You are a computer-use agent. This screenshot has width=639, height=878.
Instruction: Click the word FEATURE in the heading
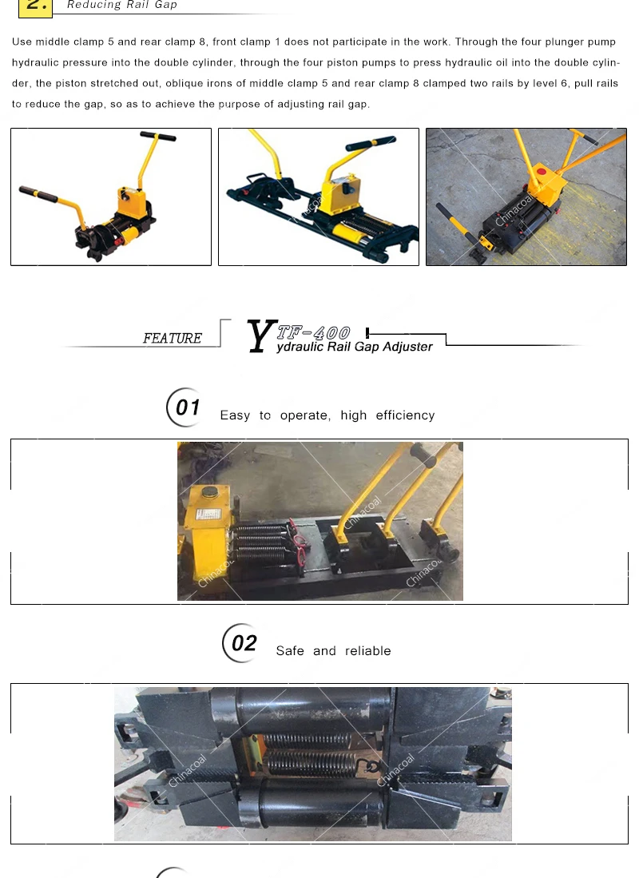click(x=173, y=338)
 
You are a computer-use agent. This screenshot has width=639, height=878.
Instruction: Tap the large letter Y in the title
click(x=261, y=336)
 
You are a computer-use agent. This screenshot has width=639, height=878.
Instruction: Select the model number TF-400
click(x=314, y=333)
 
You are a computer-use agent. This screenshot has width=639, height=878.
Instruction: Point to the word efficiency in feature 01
click(x=406, y=415)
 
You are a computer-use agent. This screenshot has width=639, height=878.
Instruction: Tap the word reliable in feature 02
click(x=368, y=650)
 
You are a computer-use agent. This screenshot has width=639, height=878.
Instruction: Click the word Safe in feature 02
click(x=290, y=650)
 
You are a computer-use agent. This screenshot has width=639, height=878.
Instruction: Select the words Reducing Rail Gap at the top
click(x=122, y=5)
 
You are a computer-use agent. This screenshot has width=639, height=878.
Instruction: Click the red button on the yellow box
click(x=541, y=171)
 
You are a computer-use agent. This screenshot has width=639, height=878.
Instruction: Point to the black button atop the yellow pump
click(x=211, y=492)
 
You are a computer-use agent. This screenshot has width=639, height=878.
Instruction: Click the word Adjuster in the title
click(x=407, y=347)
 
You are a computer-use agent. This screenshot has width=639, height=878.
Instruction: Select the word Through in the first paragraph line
click(x=473, y=42)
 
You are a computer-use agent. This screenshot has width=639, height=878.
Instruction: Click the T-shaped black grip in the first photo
click(x=158, y=136)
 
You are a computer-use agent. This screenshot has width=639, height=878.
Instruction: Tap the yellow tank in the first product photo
click(x=132, y=200)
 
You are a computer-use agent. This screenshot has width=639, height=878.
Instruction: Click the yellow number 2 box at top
click(x=36, y=7)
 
